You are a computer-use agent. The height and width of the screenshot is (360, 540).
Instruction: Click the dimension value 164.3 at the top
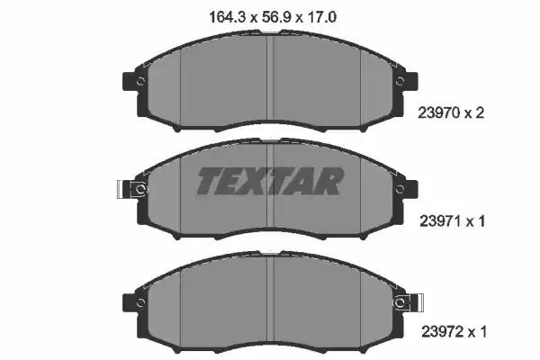(228, 17)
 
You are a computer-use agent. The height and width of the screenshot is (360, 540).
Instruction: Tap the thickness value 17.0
(321, 17)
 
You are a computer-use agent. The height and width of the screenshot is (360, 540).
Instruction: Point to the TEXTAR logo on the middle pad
(270, 181)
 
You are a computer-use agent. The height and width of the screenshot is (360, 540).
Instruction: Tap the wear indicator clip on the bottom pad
(409, 302)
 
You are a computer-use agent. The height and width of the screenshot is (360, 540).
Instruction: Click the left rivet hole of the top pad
(140, 82)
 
